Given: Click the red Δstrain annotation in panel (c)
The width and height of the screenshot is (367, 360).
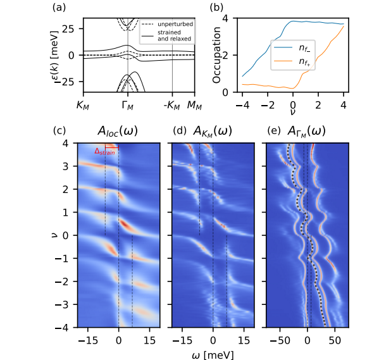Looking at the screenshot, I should (x=105, y=151).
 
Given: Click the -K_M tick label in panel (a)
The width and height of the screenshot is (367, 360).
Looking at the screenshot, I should (x=172, y=105).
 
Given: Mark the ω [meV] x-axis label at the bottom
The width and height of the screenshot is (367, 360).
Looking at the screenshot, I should (x=213, y=354).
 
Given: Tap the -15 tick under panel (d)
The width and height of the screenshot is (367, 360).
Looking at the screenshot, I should (x=182, y=340).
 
